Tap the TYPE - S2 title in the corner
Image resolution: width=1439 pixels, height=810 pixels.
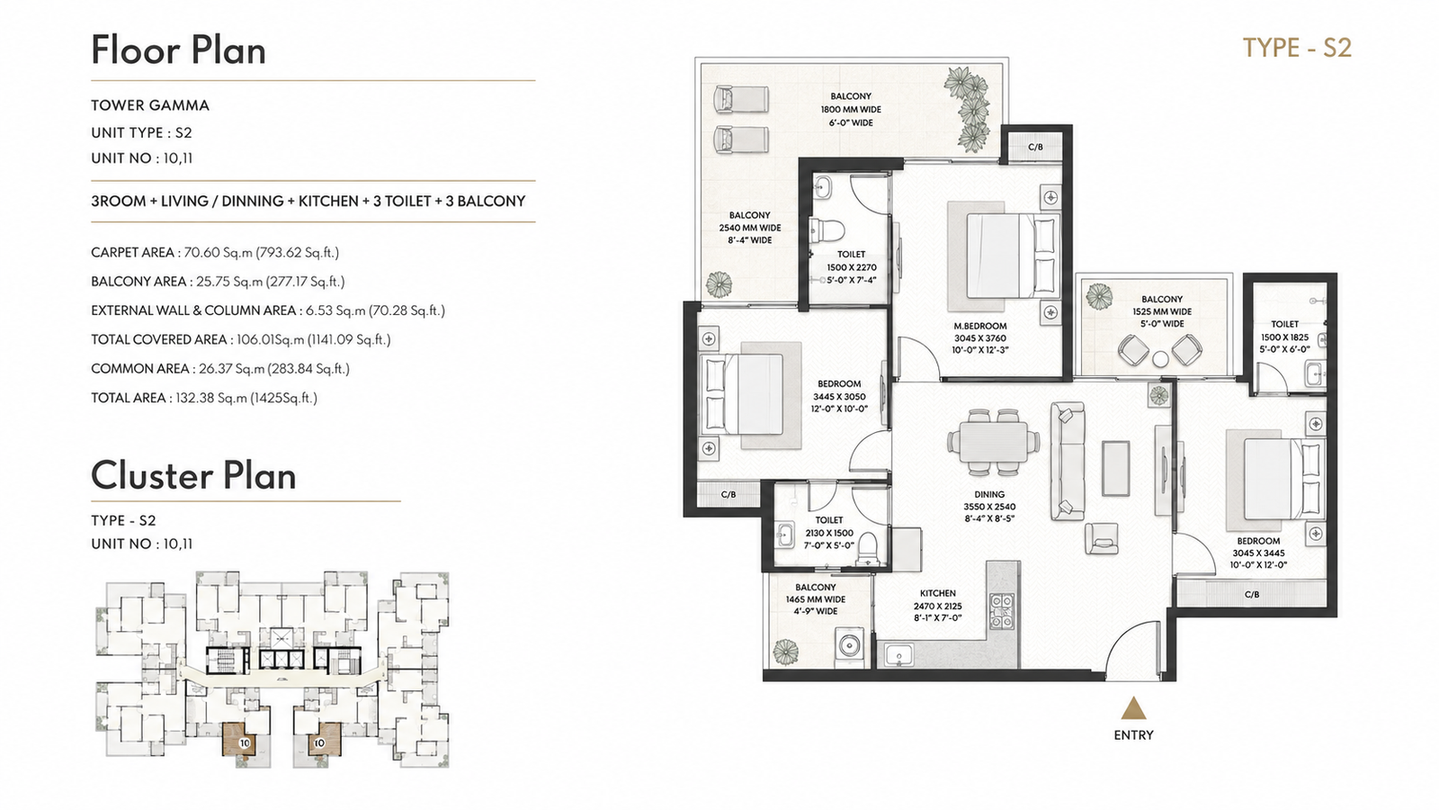click(1297, 49)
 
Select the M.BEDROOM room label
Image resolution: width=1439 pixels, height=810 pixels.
click(979, 326)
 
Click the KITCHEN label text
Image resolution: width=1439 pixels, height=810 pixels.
click(937, 593)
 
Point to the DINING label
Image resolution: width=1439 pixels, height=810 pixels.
click(989, 494)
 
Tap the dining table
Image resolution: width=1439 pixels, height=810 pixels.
click(993, 442)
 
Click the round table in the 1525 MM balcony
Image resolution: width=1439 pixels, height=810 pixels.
click(1160, 359)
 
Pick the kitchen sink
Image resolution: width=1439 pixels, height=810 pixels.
click(898, 655)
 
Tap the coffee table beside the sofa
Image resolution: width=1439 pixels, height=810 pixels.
click(1115, 468)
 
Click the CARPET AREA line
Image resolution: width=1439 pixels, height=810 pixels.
click(215, 253)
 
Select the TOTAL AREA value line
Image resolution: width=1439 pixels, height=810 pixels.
click(204, 398)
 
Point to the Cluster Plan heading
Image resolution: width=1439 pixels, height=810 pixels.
click(193, 476)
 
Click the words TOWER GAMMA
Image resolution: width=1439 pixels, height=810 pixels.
click(149, 105)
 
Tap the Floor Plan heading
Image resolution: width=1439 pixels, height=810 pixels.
click(178, 50)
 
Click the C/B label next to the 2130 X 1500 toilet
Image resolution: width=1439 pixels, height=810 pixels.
click(728, 494)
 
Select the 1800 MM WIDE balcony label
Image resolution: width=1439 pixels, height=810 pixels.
click(851, 109)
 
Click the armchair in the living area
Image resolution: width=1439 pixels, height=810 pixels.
click(1101, 538)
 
